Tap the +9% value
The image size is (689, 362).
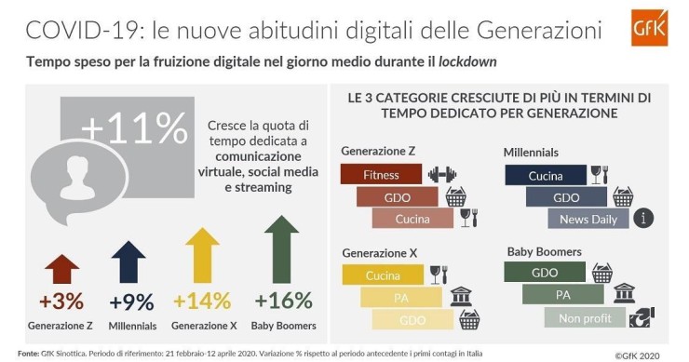pos(131,302)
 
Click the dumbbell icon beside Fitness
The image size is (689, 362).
pos(441,174)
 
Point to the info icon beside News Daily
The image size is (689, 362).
pos(642,219)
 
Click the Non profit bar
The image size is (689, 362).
pos(584,317)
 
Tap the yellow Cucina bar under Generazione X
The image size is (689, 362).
pos(383,275)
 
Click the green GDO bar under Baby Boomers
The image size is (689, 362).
pos(544,274)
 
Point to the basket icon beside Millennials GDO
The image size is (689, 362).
pos(622,196)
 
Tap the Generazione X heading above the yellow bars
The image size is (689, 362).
pos(380,252)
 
